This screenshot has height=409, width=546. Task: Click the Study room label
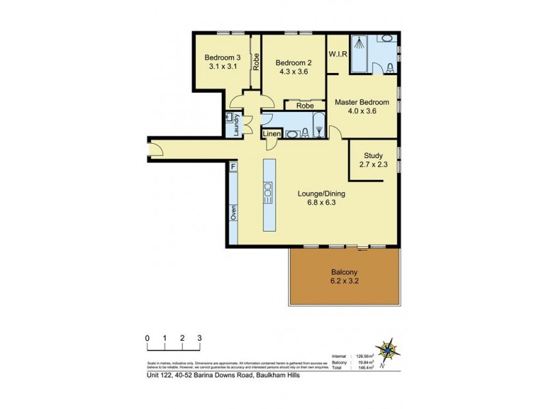373,155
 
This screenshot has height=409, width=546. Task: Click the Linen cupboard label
272,135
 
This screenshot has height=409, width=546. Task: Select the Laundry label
235,125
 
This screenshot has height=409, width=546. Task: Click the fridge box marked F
233,167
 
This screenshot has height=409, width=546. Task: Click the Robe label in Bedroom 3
257,63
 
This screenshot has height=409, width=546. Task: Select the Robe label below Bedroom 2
305,106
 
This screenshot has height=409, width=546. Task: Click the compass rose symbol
391,351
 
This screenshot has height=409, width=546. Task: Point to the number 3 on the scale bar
199,338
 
